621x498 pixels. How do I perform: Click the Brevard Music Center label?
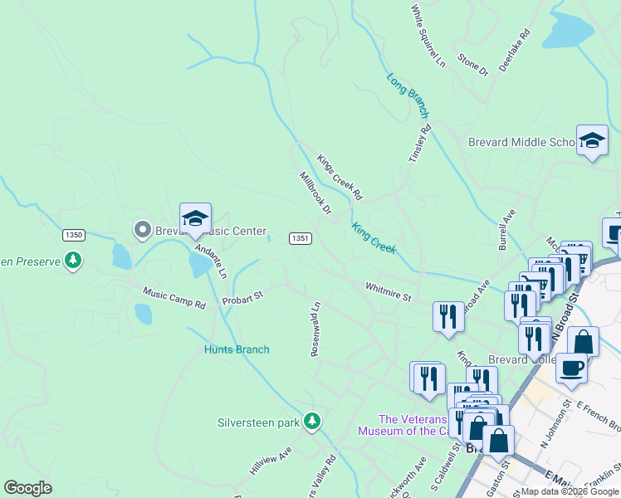coord(210,232)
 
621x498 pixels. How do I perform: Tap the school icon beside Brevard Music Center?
coord(195,219)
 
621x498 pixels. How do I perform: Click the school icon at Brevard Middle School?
coord(592,141)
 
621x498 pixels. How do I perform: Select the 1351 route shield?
coord(300,238)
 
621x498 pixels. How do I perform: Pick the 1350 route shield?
coord(73,235)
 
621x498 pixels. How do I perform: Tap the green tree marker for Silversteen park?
coord(312,422)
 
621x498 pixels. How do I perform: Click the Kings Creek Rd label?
coord(340,178)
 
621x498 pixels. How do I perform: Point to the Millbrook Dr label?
coord(315,193)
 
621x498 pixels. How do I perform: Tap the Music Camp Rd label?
coord(174,298)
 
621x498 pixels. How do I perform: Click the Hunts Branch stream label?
coord(237,349)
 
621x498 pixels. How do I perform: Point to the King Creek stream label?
coord(374,237)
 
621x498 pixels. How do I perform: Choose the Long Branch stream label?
coord(408,95)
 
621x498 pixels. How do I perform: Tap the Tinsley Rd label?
coord(420,142)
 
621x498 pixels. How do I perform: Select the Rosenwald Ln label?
coord(315,329)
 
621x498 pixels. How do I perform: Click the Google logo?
coord(27,487)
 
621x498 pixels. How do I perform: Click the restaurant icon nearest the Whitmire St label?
coord(448,316)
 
